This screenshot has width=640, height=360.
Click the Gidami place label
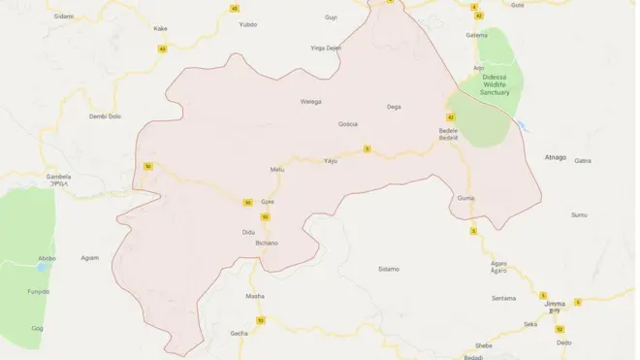coord(64,16)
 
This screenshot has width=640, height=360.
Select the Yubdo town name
coord(248,24)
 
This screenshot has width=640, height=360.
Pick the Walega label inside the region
coord(310,101)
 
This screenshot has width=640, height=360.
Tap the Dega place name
coord(394,106)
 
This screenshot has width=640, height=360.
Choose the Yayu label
coord(331,160)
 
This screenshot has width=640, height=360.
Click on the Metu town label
coord(278,170)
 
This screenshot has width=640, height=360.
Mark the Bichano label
coord(266,243)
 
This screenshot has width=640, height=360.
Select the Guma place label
coord(464,198)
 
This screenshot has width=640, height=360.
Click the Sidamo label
coord(388,268)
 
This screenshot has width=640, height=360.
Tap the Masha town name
coord(255,296)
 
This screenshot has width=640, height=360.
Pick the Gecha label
coord(239,333)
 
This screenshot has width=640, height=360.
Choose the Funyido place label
coord(38,290)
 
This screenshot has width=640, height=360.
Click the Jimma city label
coord(555,304)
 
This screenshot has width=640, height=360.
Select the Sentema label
coord(504,297)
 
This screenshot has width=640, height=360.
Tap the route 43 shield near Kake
coord(162,49)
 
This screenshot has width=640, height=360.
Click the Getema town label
coord(477,35)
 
